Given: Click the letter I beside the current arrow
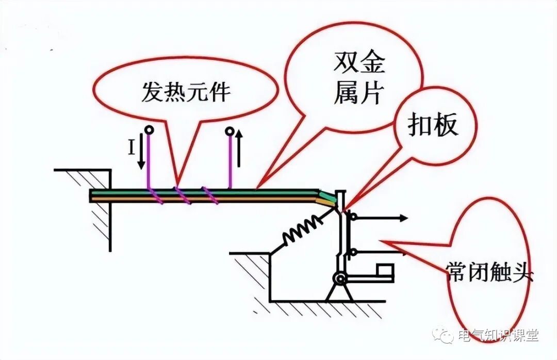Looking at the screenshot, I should (132, 149).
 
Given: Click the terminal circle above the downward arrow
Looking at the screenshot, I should (149, 130).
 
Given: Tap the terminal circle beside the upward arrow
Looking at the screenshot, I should (230, 131).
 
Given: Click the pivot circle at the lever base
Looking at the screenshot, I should (340, 279).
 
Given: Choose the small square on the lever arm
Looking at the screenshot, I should (385, 270).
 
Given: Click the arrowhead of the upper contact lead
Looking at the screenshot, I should (403, 218).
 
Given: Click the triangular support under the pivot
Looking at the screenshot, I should (339, 293).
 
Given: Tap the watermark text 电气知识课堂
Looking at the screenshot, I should (498, 336).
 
